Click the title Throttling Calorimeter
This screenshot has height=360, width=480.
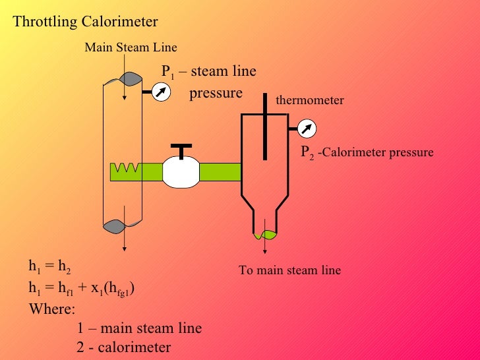click(86, 22)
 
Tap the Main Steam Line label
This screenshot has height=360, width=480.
click(131, 47)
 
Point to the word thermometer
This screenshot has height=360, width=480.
click(310, 100)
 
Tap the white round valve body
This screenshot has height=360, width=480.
click(181, 172)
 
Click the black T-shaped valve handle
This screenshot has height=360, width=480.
click(181, 149)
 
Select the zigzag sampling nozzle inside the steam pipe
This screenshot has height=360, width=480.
click(125, 170)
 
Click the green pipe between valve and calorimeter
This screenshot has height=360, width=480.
click(220, 171)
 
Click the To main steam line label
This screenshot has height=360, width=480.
click(289, 270)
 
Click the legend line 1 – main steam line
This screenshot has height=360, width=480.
click(139, 328)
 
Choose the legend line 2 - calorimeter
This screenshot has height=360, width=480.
click(123, 347)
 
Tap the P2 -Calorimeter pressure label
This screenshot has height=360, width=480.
click(367, 152)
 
